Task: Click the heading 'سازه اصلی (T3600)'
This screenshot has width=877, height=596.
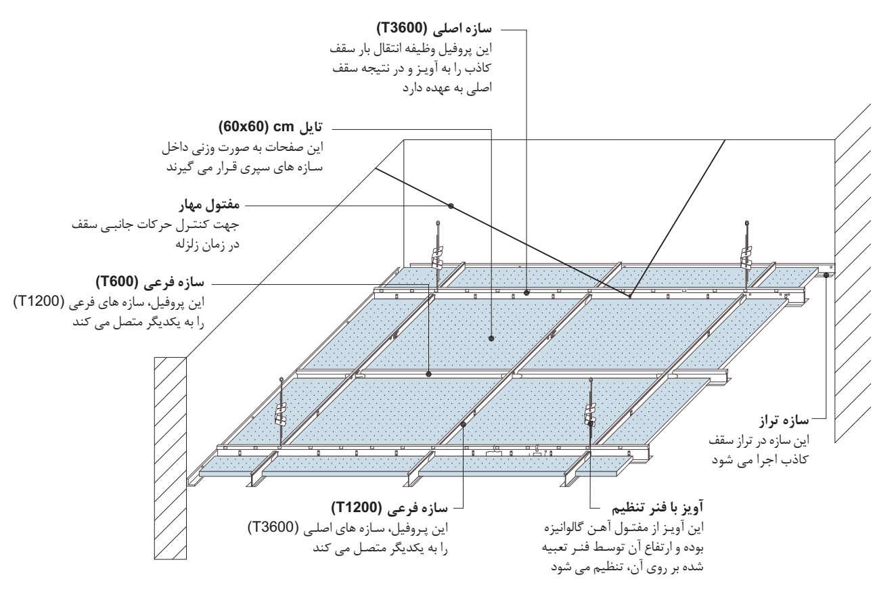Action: point(434,29)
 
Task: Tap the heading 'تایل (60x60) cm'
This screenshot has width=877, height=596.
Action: point(271,127)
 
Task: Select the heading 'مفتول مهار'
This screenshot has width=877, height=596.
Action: point(209,206)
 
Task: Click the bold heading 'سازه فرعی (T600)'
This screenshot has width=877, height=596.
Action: point(150,282)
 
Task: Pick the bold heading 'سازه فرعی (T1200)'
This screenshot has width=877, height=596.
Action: point(390,508)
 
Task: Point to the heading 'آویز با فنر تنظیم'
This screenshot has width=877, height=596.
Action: point(657,508)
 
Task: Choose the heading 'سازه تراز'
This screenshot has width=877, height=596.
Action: point(784,421)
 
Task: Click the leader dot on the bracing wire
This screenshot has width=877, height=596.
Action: point(451,206)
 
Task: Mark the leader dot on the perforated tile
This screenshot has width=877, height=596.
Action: point(491,338)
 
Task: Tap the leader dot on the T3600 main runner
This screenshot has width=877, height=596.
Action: point(526,292)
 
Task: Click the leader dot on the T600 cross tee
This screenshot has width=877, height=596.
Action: point(429,374)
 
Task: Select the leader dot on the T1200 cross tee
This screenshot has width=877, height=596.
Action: point(463,423)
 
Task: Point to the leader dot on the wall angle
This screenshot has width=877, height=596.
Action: point(826,275)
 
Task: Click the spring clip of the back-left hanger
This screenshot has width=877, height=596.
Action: point(437,256)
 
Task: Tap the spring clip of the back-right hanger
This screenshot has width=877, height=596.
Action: point(746,256)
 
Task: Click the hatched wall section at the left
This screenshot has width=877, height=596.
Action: point(171,458)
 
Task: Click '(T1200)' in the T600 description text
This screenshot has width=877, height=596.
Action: point(39,302)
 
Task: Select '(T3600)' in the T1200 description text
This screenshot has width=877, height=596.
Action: point(273,528)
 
